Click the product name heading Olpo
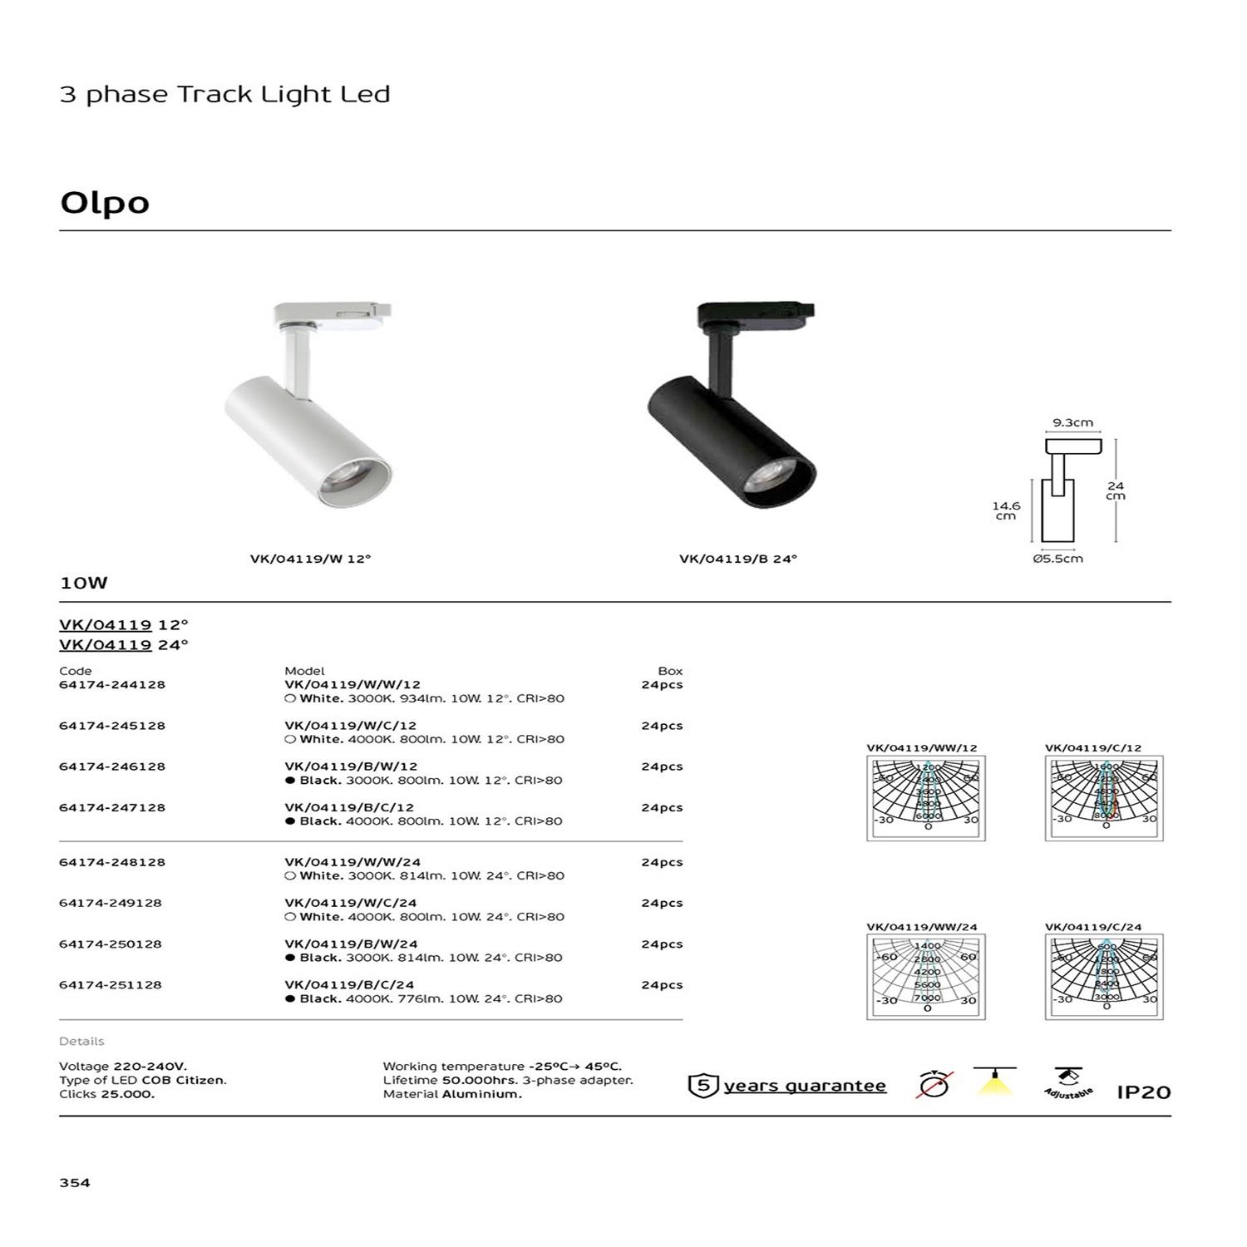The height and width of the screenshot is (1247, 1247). point(105,203)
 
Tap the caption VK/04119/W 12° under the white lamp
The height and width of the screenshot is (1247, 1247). point(310,559)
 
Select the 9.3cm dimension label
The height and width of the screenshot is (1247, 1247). point(1072,422)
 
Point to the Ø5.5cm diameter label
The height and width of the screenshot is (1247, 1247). point(1057,559)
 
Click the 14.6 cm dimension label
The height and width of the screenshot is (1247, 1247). point(1006,510)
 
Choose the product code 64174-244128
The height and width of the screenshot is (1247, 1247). point(112,685)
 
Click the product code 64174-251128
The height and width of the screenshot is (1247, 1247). point(111,985)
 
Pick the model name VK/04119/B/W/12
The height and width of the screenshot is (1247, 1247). point(351,766)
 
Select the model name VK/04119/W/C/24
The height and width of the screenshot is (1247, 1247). point(350,903)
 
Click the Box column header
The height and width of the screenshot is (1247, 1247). point(670,671)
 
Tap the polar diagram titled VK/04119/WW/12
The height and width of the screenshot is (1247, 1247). point(926,798)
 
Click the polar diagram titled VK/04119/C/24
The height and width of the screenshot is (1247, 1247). point(1104,977)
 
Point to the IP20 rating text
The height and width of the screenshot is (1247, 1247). point(1143,1092)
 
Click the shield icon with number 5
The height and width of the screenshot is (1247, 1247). point(703,1086)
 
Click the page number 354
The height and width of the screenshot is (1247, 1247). point(75,1182)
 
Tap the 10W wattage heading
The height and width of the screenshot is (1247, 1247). point(84,583)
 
